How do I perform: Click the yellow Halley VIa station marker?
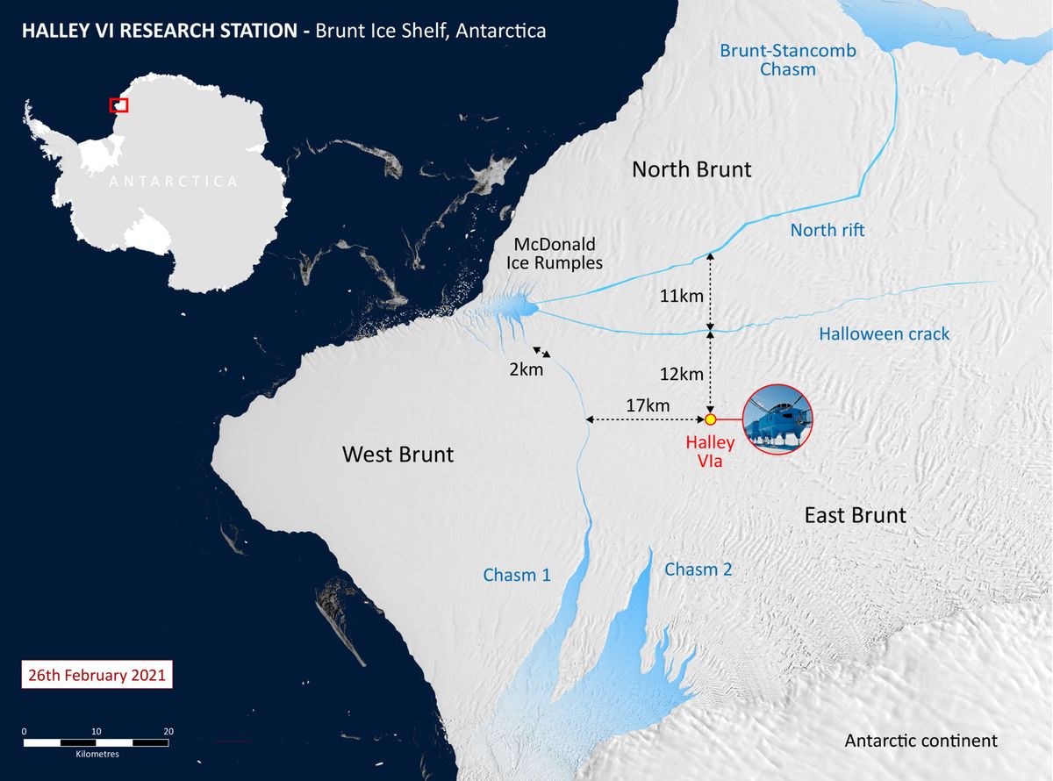tap(711, 419)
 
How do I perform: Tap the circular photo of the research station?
tap(777, 419)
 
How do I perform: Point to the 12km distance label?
tap(681, 375)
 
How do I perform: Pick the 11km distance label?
tap(681, 296)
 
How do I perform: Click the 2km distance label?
tap(526, 369)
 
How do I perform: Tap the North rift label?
tap(827, 230)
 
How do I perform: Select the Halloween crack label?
tap(884, 334)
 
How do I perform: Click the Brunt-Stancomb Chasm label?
tap(788, 60)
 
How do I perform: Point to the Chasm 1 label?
tap(517, 576)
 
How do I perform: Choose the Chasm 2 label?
tap(698, 570)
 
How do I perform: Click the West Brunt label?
tap(398, 455)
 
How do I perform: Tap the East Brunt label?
tap(855, 515)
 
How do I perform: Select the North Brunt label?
tap(691, 169)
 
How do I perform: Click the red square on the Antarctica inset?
tap(118, 105)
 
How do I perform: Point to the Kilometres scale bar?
tap(97, 742)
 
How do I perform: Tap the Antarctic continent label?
tap(920, 741)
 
